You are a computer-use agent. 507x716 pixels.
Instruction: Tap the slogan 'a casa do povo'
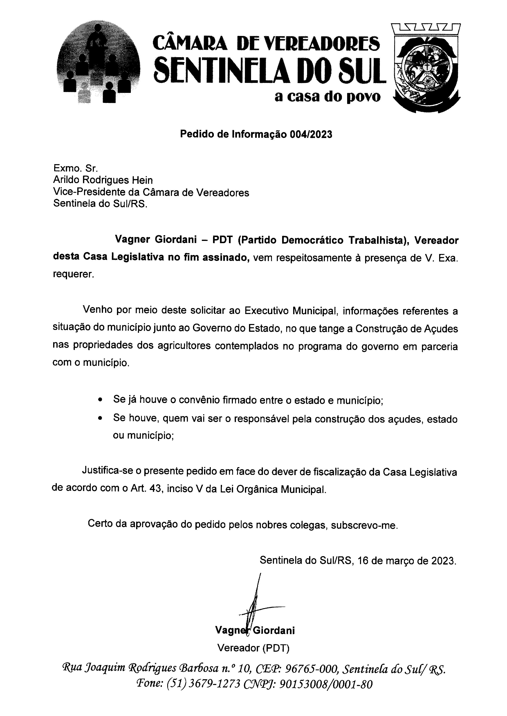click(328, 97)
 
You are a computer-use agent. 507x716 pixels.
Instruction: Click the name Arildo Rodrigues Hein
click(103, 180)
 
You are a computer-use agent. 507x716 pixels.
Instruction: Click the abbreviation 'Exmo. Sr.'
click(76, 168)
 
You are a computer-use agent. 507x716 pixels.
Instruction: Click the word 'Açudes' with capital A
click(440, 329)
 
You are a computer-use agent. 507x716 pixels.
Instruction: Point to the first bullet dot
click(100, 400)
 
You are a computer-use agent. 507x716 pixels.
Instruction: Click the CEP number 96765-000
click(312, 669)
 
